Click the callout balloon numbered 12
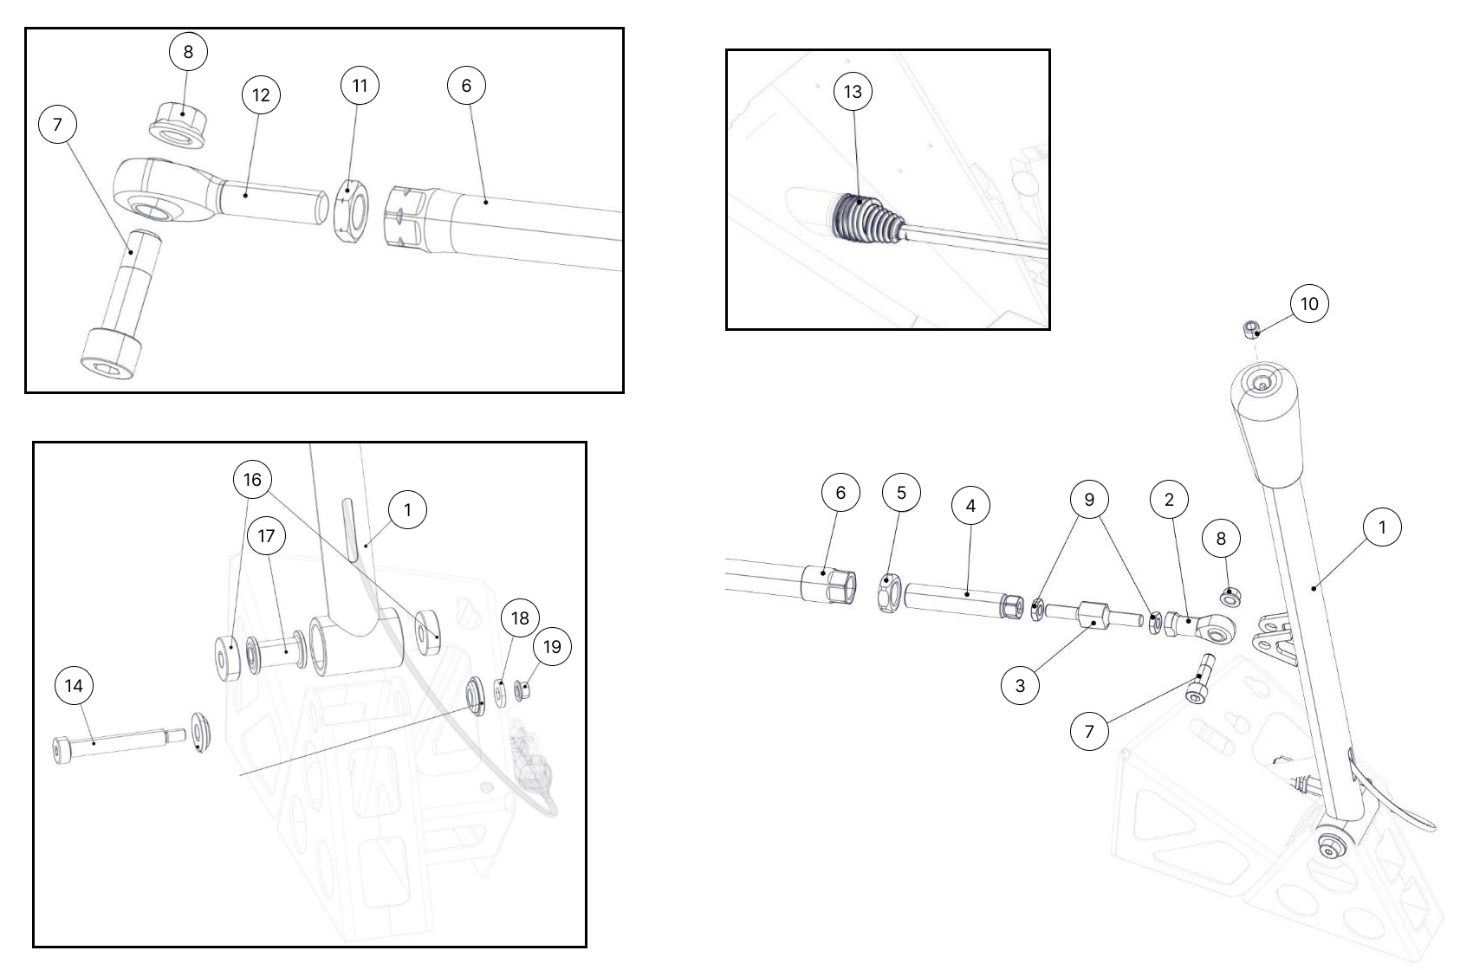click(x=261, y=95)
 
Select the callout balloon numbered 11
click(x=360, y=86)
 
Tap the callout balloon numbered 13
click(x=853, y=91)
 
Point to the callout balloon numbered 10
click(x=1309, y=304)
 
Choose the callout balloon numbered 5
click(x=901, y=492)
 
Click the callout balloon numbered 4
click(x=970, y=506)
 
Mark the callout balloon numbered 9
click(x=1089, y=500)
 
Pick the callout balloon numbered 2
click(x=1169, y=500)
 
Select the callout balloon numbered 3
click(x=1020, y=685)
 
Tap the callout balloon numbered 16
click(x=252, y=480)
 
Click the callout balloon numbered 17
click(x=266, y=536)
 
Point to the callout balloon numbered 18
click(x=520, y=618)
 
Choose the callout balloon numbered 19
click(x=552, y=647)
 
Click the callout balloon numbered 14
click(x=74, y=686)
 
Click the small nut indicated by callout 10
click(x=1251, y=328)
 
